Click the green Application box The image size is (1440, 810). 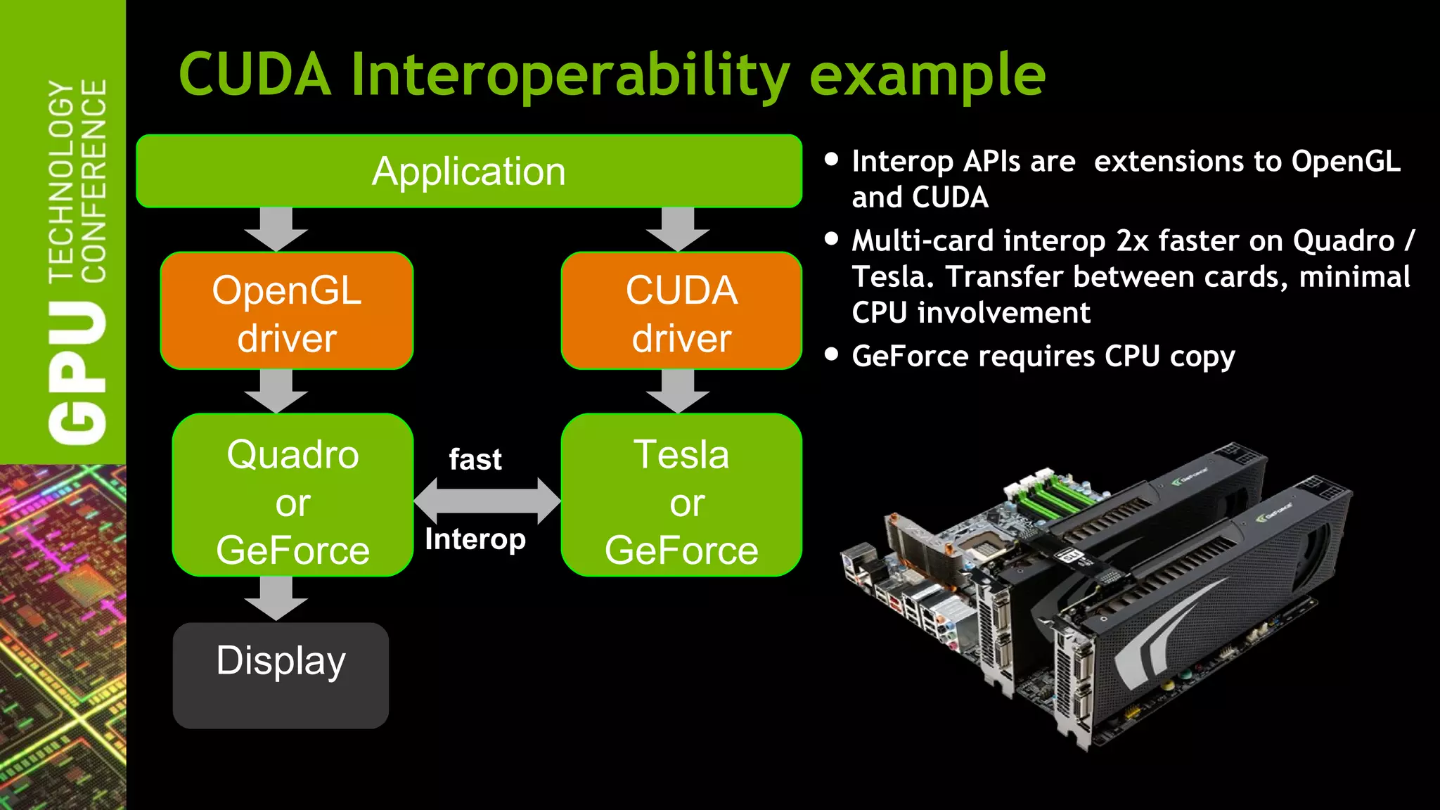point(469,171)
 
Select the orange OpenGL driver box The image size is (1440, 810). point(287,311)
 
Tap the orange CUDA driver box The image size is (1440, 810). point(681,311)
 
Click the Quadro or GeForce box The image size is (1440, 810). point(292,495)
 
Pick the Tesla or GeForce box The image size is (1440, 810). point(681,495)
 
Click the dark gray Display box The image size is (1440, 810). point(281,675)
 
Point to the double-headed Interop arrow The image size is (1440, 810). point(487,501)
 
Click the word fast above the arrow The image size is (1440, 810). point(475,460)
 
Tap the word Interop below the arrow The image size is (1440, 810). point(475,540)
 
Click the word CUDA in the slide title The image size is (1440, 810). point(255,75)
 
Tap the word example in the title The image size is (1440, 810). point(927,76)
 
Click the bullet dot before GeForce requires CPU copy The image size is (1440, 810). point(832,354)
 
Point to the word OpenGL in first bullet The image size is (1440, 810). point(1346,162)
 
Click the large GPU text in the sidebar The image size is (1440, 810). point(77,373)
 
